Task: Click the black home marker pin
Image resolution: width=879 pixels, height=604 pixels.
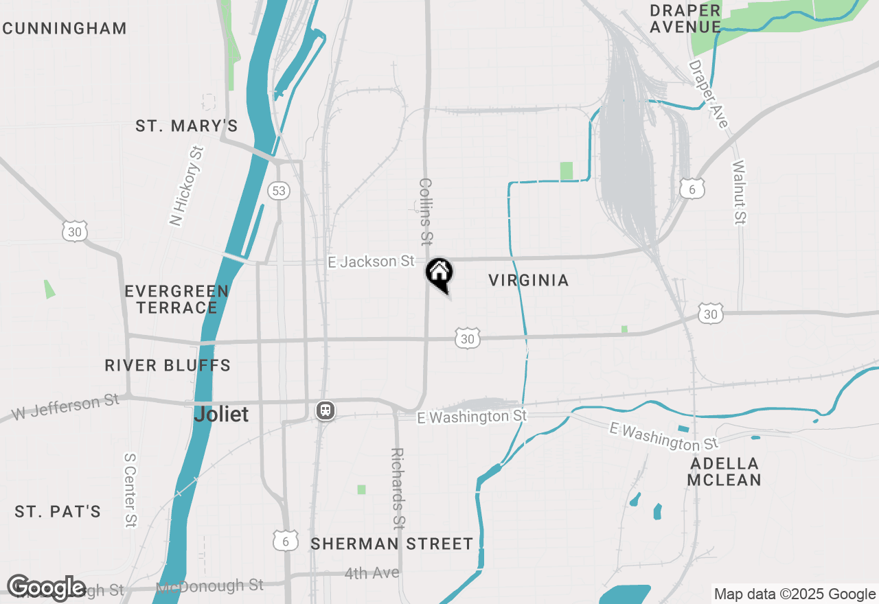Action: [x=439, y=273]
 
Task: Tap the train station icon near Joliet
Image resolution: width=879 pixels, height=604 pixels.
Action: [x=325, y=410]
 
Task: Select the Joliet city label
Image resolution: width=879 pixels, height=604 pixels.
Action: [x=221, y=415]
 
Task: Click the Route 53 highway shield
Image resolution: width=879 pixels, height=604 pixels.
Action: [x=278, y=190]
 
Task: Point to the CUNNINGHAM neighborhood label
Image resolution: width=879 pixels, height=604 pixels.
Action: [x=65, y=29]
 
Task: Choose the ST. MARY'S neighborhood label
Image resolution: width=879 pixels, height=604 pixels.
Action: [x=187, y=126]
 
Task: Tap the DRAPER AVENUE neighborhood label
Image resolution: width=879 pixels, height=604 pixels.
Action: [x=685, y=19]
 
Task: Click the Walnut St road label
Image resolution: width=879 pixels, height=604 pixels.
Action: [x=739, y=192]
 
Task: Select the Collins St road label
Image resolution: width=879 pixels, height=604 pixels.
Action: [x=426, y=211]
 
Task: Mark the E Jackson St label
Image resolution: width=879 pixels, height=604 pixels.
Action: [x=372, y=262]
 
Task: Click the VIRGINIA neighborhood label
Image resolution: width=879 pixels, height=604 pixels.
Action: [x=529, y=280]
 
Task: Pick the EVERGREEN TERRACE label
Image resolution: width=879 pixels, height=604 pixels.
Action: [x=177, y=299]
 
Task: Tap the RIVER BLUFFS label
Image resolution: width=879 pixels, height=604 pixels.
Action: [x=168, y=365]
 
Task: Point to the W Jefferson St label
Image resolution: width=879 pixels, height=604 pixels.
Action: [x=66, y=407]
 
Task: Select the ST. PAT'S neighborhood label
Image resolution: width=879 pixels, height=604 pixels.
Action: [x=58, y=511]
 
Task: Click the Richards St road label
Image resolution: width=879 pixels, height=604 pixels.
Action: [x=397, y=489]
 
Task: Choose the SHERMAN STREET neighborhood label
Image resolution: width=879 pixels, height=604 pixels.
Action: [x=392, y=544]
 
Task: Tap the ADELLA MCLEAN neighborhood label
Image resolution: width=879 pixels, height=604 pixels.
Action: [x=724, y=472]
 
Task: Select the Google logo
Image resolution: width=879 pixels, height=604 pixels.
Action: [x=47, y=588]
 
